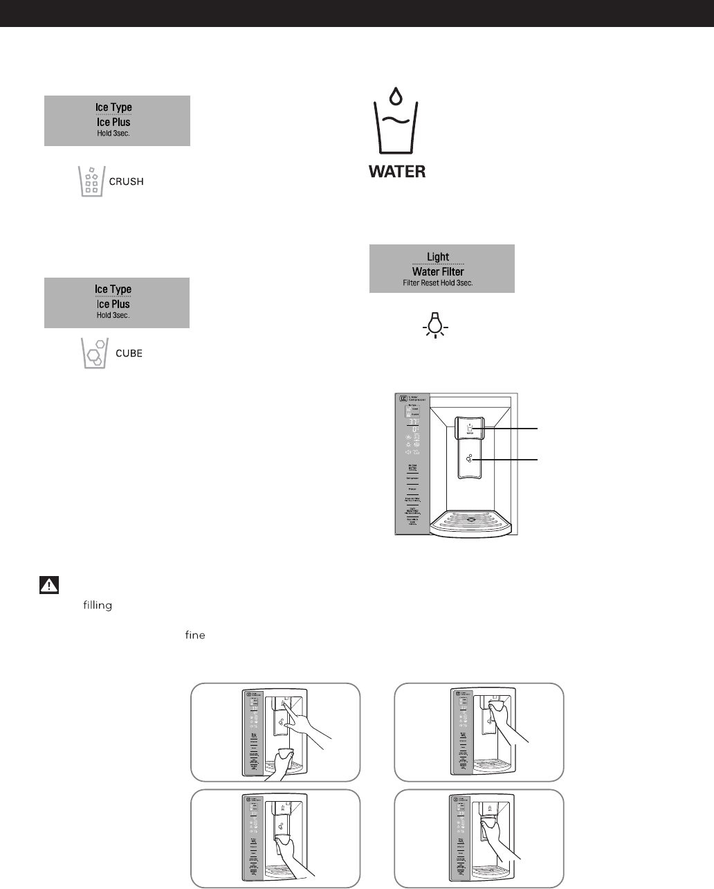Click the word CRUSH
(127, 182)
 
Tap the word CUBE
(129, 353)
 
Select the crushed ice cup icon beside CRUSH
(91, 181)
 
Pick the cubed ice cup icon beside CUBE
(94, 353)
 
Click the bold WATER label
(397, 171)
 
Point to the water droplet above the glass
(396, 96)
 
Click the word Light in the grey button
(438, 257)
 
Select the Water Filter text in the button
(438, 271)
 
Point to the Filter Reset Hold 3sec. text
(438, 283)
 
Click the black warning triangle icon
(48, 585)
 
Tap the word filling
(98, 606)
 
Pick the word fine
(195, 635)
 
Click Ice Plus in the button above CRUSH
(113, 122)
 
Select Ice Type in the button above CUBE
(113, 289)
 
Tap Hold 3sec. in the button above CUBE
(113, 315)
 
